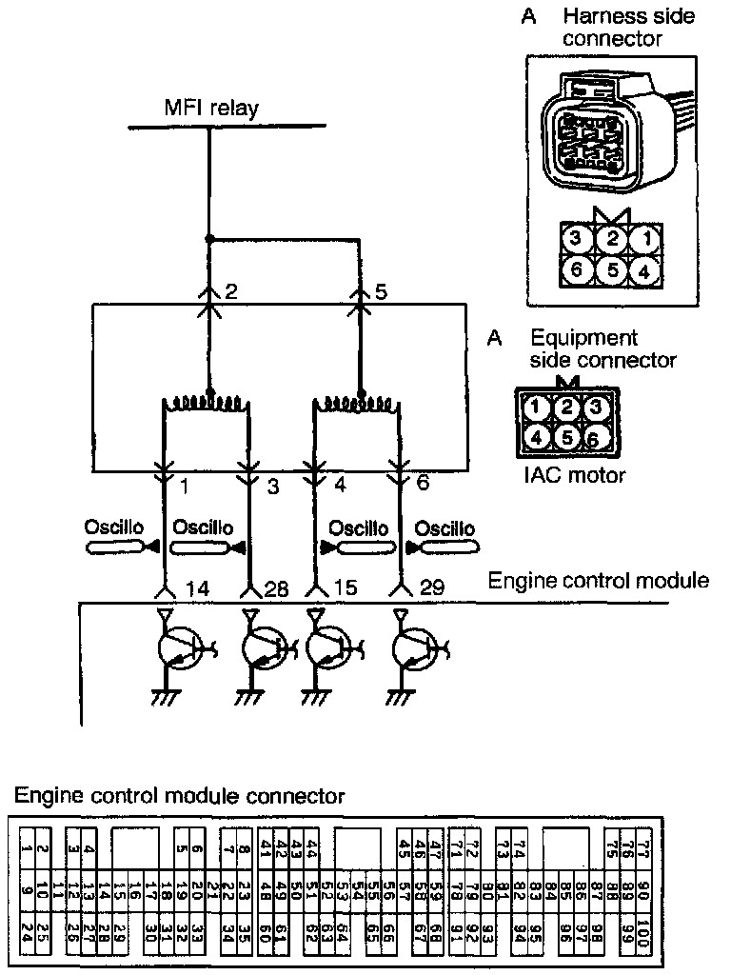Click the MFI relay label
pyautogui.click(x=210, y=108)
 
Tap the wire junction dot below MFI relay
pyautogui.click(x=209, y=238)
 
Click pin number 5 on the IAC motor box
pyautogui.click(x=381, y=291)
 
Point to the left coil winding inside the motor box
pyautogui.click(x=207, y=404)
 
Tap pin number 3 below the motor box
pyautogui.click(x=273, y=487)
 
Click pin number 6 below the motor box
pyautogui.click(x=423, y=484)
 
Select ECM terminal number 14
pyautogui.click(x=198, y=588)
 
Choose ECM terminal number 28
pyautogui.click(x=276, y=588)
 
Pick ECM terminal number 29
pyautogui.click(x=431, y=588)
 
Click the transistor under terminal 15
pyautogui.click(x=328, y=649)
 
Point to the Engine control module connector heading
pyautogui.click(x=180, y=795)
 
